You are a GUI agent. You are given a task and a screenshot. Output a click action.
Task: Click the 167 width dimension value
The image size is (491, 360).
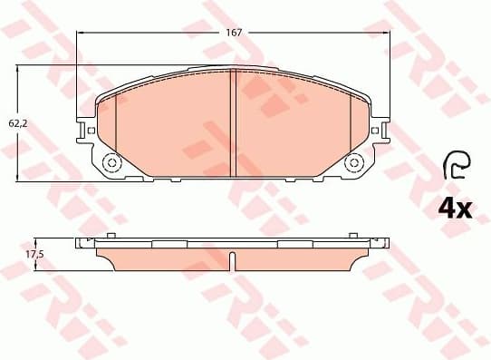[234, 32]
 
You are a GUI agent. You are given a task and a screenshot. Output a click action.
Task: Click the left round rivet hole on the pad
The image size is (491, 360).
[112, 163]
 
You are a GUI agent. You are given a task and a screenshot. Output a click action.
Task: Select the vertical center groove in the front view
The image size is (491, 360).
[234, 122]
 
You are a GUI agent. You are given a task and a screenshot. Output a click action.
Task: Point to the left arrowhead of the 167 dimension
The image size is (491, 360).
[82, 32]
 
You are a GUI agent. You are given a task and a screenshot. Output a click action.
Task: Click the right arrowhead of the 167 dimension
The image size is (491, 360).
[387, 32]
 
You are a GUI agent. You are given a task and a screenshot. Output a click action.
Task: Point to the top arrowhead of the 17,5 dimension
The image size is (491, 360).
[50, 242]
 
